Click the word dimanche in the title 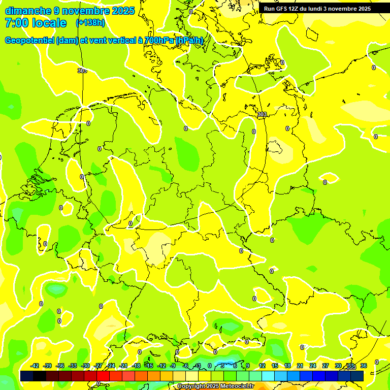pyautogui.click(x=28, y=11)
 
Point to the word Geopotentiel pyautogui.click(x=29, y=41)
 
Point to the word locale pyautogui.click(x=49, y=23)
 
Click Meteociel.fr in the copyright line pyautogui.click(x=236, y=386)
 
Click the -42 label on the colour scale pyautogui.click(x=35, y=366)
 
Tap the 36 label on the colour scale pyautogui.click(x=363, y=366)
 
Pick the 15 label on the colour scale pyautogui.click(x=275, y=366)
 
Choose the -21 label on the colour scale pyautogui.click(x=123, y=366)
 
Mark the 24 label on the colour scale pyautogui.click(x=313, y=366)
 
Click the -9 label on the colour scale pyautogui.click(x=173, y=366)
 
